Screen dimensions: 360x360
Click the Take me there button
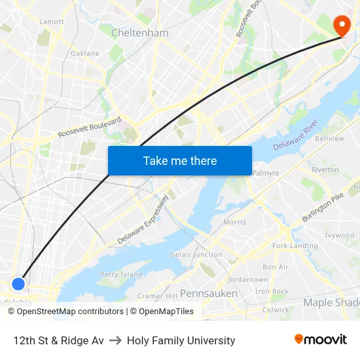[180, 160]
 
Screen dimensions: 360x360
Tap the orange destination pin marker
[342, 25]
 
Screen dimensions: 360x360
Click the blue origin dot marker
[18, 284]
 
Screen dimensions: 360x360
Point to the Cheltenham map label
[139, 33]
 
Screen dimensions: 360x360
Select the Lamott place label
[52, 22]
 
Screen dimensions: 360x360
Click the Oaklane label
[85, 54]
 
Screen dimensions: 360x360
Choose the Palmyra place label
[265, 173]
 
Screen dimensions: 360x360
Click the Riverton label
[325, 170]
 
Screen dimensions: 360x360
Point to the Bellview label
[329, 139]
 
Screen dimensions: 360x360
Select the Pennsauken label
[209, 293]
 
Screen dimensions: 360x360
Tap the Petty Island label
[121, 274]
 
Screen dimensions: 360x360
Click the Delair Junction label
[196, 255]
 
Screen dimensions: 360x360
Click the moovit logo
[321, 340]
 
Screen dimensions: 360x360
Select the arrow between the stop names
[115, 340]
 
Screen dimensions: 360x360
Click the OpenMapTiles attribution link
[162, 312]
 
